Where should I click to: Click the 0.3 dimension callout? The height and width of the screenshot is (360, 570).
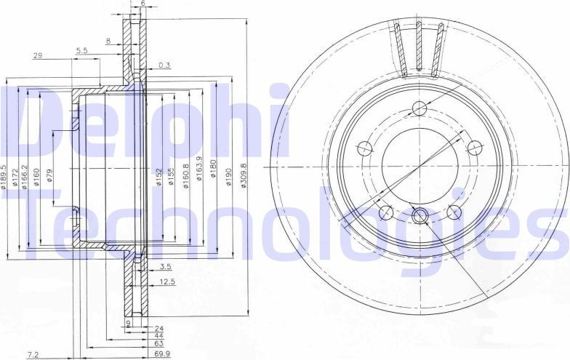(x=164, y=65)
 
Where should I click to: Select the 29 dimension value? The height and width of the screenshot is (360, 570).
(x=37, y=55)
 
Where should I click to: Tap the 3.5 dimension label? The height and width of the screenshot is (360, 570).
(x=165, y=267)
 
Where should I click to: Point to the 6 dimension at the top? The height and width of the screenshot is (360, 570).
(x=142, y=4)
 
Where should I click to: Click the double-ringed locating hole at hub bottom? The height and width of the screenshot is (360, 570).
(x=420, y=216)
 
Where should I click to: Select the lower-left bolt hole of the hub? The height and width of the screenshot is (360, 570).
(x=387, y=212)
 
